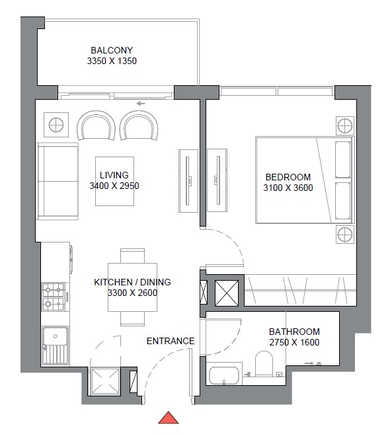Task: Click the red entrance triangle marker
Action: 169,418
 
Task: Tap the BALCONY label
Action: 112,50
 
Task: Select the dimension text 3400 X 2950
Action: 114,186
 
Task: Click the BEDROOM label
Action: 288,177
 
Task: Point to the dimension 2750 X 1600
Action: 294,342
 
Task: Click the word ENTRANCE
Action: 171,341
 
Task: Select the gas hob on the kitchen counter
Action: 54,297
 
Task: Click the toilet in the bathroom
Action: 264,363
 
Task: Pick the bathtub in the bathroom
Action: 224,375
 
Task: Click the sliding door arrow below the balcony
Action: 141,104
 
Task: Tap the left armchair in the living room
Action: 96,126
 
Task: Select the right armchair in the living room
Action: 139,126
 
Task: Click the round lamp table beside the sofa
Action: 56,125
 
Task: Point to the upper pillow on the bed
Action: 343,160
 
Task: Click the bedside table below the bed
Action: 345,235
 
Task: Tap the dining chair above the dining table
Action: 132,256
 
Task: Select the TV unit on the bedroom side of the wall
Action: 217,181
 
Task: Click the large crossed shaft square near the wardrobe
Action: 227,293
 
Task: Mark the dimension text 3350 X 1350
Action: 112,61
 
